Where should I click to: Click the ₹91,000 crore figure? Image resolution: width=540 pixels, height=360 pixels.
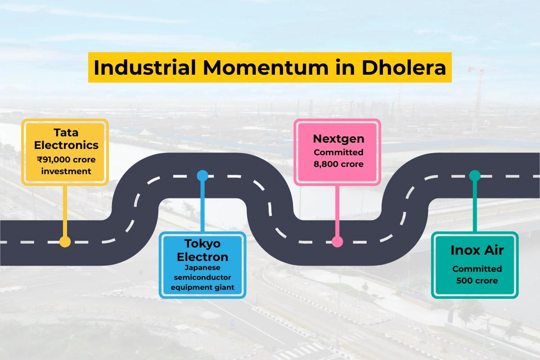click(66, 159)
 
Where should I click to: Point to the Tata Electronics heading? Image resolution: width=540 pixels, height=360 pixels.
click(66, 139)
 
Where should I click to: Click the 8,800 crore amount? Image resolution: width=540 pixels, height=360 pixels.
click(338, 164)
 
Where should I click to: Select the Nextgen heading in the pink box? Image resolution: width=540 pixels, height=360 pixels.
click(338, 139)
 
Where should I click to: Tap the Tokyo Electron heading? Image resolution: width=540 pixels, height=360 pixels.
click(202, 250)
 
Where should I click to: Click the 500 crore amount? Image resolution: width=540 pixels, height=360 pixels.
click(477, 280)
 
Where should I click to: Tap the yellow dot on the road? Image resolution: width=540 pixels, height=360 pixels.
click(65, 242)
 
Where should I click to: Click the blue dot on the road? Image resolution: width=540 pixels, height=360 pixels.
click(202, 175)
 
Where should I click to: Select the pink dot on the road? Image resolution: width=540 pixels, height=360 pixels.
click(337, 242)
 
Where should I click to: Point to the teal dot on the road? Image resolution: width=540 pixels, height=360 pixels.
click(474, 175)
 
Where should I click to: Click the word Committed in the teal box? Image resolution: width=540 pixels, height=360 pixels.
click(477, 269)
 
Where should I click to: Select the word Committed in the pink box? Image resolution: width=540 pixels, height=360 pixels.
click(338, 152)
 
